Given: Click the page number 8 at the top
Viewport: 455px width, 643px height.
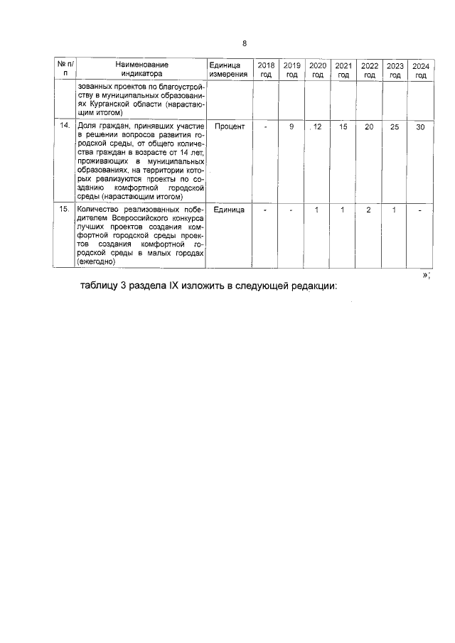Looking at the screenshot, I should point(245,43).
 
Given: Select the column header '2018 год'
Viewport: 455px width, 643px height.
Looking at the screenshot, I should point(265,69).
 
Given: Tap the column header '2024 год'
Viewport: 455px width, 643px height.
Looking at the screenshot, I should point(421,69).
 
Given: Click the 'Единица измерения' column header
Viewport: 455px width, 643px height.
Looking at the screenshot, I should point(228,69).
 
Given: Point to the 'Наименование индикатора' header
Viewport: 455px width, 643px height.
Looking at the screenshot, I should point(141,69).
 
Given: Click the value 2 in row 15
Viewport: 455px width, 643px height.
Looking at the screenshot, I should point(369,210).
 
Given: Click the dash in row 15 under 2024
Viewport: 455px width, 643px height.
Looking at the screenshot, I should point(421,210).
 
